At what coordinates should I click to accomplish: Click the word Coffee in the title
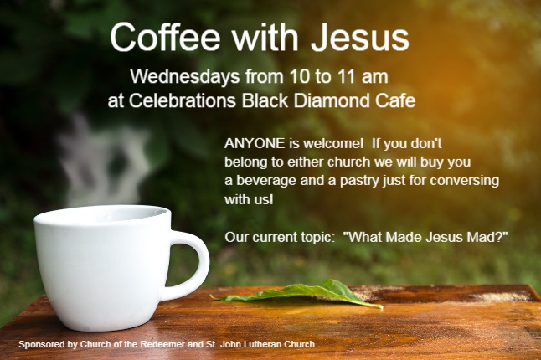pos(165,37)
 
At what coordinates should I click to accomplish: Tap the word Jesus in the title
pos(360,37)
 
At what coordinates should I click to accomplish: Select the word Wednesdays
pos(185,76)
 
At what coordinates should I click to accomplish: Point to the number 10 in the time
pos(300,76)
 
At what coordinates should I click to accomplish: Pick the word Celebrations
pos(183,100)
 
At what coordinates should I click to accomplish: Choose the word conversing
pos(465,181)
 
